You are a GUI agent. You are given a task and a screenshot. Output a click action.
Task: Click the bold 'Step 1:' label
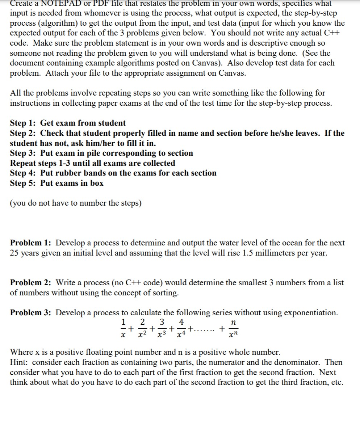(23, 123)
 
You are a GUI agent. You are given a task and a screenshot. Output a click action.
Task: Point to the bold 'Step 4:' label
(23, 173)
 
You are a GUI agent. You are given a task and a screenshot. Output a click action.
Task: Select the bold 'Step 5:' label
(23, 183)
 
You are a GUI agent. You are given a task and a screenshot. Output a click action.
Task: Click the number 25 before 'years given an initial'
(14, 253)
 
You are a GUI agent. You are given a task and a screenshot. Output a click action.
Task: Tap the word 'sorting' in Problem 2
(166, 293)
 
